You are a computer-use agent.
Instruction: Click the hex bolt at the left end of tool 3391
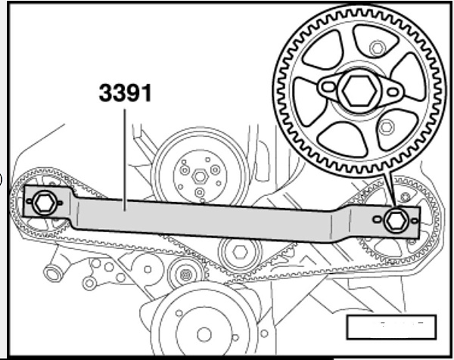(x=42, y=202)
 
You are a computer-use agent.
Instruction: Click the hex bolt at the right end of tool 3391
(x=394, y=220)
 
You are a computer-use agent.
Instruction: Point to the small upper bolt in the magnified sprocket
(x=376, y=49)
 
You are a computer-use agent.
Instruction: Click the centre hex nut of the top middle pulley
(x=200, y=175)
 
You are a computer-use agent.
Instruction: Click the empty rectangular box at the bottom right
(x=391, y=326)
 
